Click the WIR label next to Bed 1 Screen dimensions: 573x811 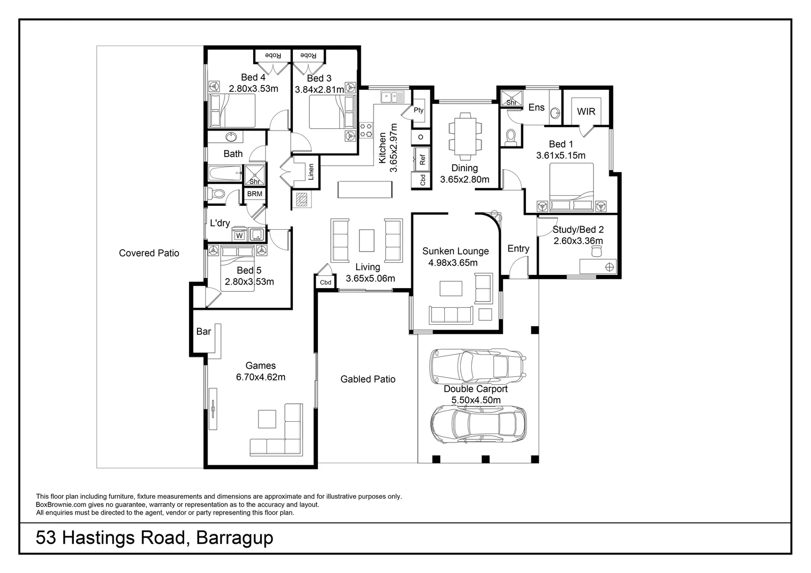(586, 111)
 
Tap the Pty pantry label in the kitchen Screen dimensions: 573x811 (419, 110)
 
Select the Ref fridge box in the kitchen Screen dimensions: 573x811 (422, 158)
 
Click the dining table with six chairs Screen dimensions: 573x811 (465, 136)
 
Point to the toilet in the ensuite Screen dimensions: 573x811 (511, 137)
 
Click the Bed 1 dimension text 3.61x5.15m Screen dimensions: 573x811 (560, 155)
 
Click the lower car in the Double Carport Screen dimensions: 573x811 (478, 424)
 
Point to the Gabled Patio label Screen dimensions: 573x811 (368, 379)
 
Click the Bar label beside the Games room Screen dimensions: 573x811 (203, 332)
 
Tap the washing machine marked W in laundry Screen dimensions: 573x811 (239, 235)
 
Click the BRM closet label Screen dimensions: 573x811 (255, 194)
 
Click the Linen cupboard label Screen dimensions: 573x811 (311, 171)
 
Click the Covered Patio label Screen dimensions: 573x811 (149, 253)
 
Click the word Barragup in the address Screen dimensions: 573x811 (235, 538)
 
